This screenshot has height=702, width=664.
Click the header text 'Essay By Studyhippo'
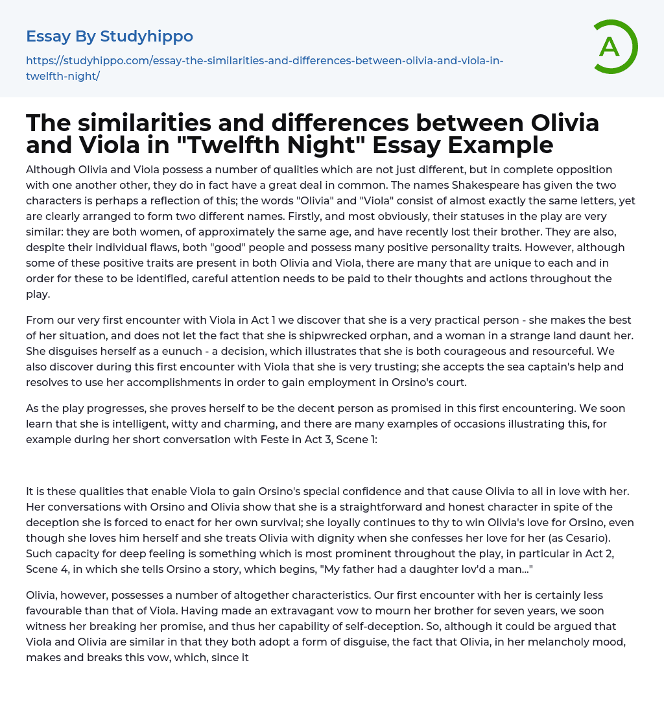110,36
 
